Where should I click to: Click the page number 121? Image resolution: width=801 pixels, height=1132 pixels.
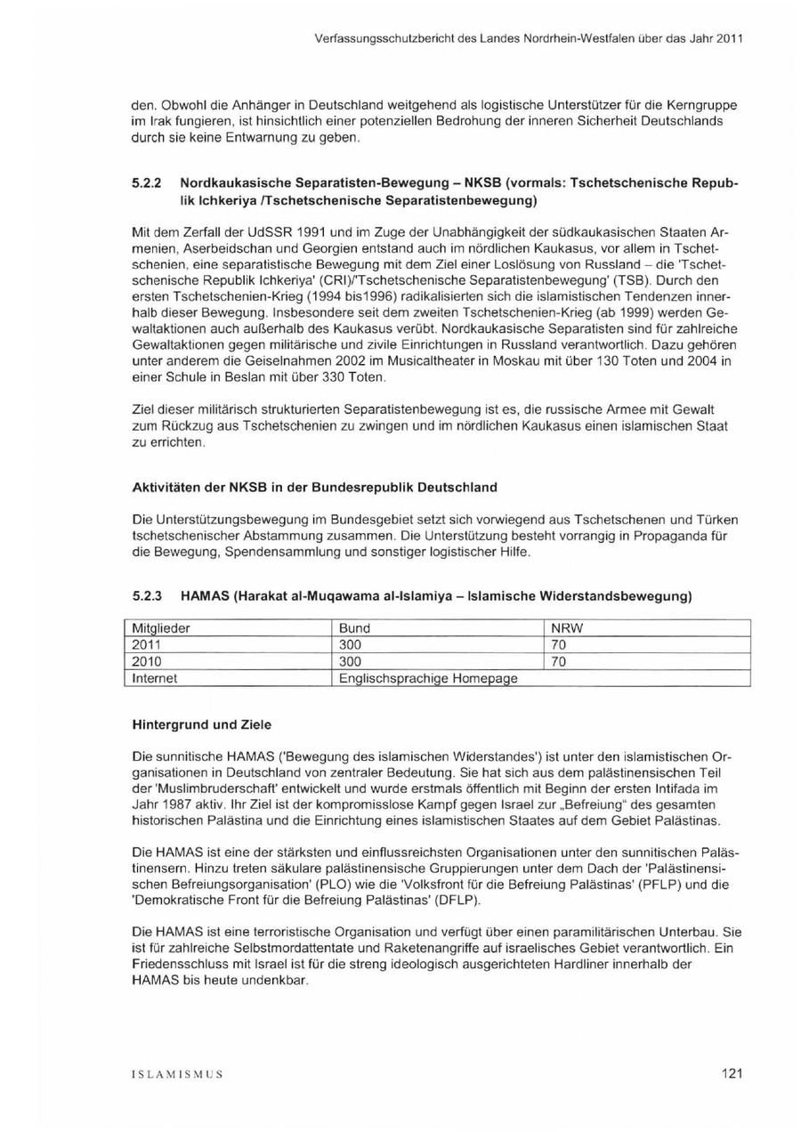(x=732, y=1073)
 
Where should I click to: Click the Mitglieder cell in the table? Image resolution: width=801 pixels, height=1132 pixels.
(x=161, y=628)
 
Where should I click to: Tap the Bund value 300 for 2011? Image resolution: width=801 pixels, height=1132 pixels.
(x=351, y=645)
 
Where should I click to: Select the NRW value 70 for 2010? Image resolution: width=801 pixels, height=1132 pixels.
(x=559, y=662)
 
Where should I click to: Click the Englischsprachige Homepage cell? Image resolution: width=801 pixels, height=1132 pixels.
(x=428, y=678)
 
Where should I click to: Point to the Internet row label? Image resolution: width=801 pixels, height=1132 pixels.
(x=155, y=678)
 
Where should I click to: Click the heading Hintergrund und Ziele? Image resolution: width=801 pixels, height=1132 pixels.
(x=202, y=724)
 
